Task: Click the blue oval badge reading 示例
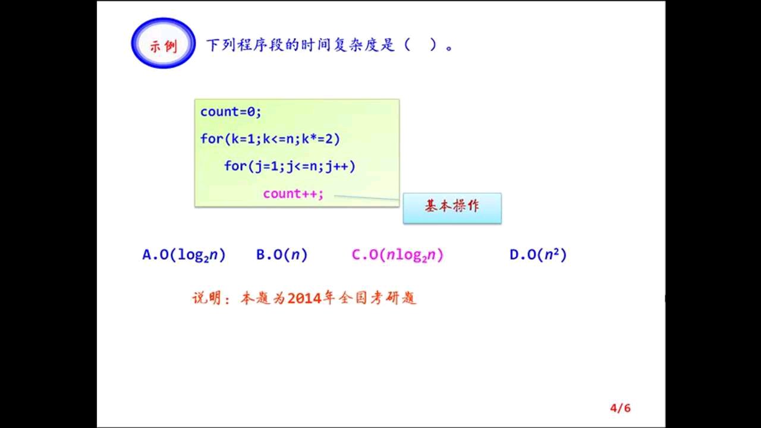pos(163,43)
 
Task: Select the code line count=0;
pos(231,112)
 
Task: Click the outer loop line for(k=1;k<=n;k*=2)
pos(270,139)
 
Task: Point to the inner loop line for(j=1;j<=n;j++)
pos(290,166)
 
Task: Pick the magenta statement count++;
pos(293,194)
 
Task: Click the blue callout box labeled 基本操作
pos(452,208)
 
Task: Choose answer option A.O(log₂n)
pos(184,255)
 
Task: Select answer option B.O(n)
pos(282,255)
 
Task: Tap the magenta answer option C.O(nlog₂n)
pos(398,255)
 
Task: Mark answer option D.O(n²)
pos(538,254)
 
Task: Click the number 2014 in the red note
pos(304,298)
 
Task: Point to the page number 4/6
pos(620,408)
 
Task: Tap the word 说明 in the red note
pos(207,298)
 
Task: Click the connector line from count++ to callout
pos(367,198)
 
